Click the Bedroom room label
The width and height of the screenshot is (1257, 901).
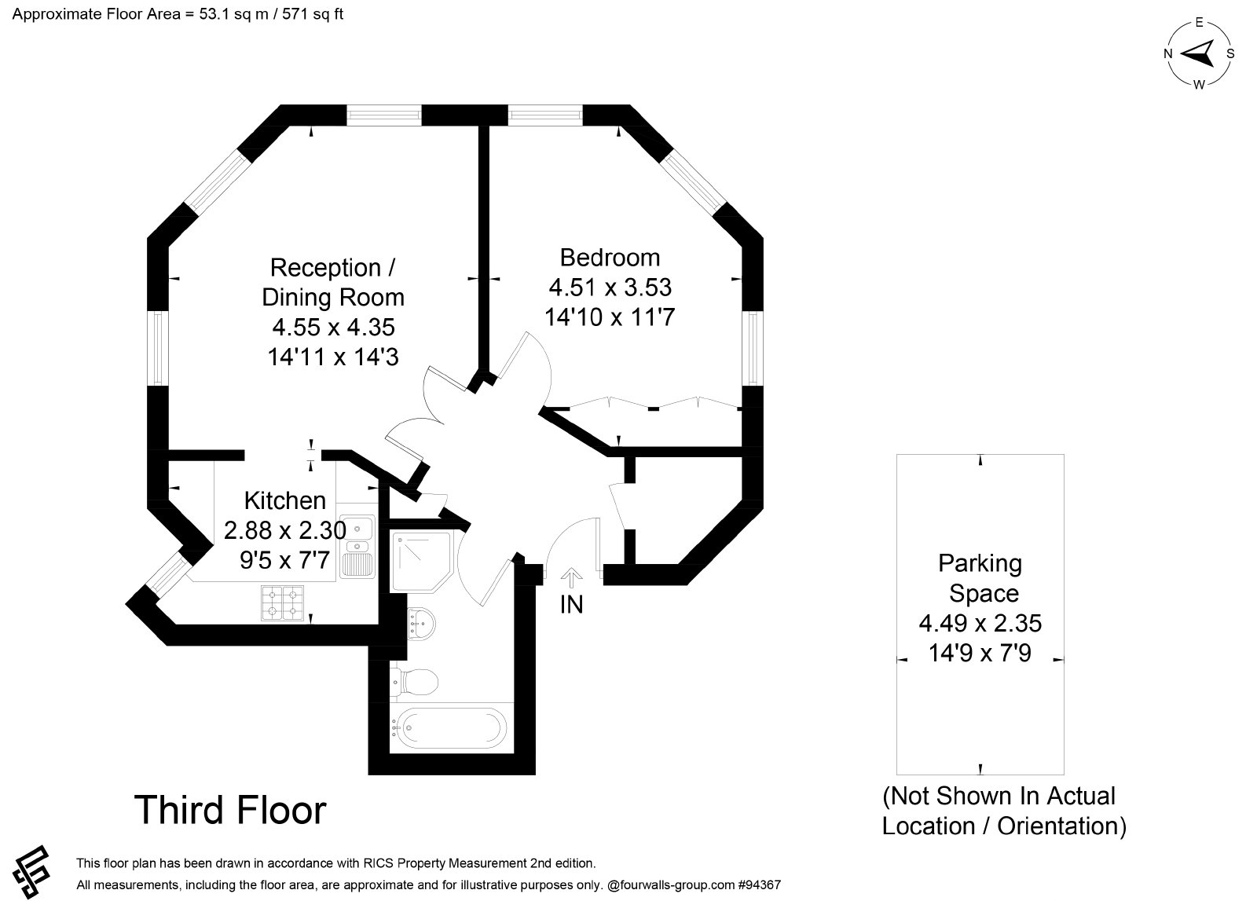click(610, 258)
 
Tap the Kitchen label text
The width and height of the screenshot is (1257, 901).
click(285, 500)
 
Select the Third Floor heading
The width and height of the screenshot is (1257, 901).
click(230, 810)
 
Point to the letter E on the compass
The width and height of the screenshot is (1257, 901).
click(1199, 23)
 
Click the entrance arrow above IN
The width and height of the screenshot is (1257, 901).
click(571, 578)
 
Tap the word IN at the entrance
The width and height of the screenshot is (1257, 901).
click(572, 604)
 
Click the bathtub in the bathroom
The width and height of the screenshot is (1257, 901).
click(452, 728)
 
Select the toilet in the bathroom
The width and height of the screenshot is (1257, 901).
click(414, 682)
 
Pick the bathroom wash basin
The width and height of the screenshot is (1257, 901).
click(420, 623)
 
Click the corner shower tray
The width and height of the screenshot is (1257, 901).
click(421, 562)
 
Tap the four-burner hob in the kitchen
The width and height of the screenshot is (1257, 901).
click(282, 603)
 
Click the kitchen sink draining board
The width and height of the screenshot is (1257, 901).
click(358, 564)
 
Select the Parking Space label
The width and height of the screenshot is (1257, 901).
click(980, 578)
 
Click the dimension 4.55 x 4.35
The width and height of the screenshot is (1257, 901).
click(333, 327)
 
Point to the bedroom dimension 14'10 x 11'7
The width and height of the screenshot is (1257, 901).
click(610, 317)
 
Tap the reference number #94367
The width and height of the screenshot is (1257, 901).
click(759, 885)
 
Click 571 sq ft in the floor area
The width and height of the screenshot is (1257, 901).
click(313, 14)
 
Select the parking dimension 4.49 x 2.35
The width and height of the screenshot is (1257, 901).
click(980, 623)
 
